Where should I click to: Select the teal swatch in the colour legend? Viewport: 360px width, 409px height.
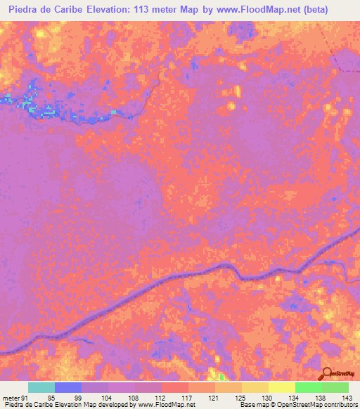tap(41, 387)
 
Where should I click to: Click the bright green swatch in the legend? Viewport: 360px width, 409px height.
tap(308, 387)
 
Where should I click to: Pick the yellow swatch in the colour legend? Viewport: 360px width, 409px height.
tap(281, 387)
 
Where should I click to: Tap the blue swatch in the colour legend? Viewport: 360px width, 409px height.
tap(68, 387)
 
